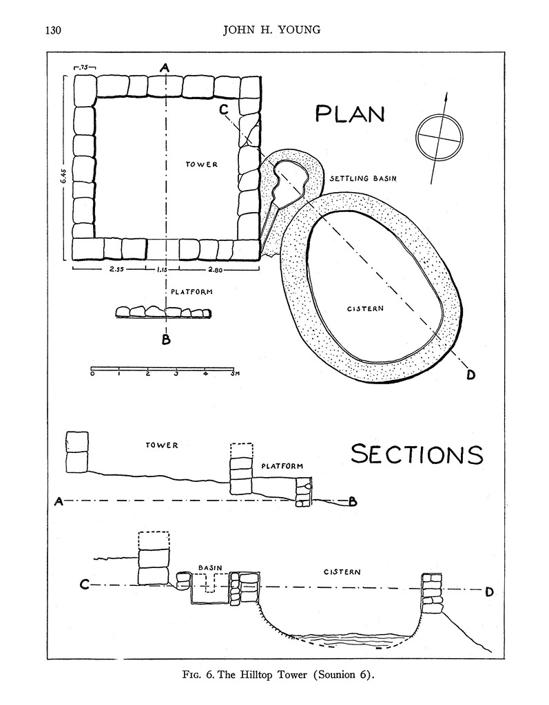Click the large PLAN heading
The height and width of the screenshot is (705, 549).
(x=349, y=114)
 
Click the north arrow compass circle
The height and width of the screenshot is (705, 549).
(x=439, y=136)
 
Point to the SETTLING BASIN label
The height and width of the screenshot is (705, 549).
(x=366, y=178)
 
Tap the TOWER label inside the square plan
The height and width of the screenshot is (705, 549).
(x=202, y=165)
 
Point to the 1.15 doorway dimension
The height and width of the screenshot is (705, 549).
(x=162, y=270)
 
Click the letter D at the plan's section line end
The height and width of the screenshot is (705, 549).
(x=471, y=375)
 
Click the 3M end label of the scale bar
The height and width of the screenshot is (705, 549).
(x=234, y=374)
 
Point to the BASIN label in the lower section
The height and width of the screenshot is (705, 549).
(x=209, y=568)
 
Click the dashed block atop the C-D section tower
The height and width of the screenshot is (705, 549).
(x=154, y=540)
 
